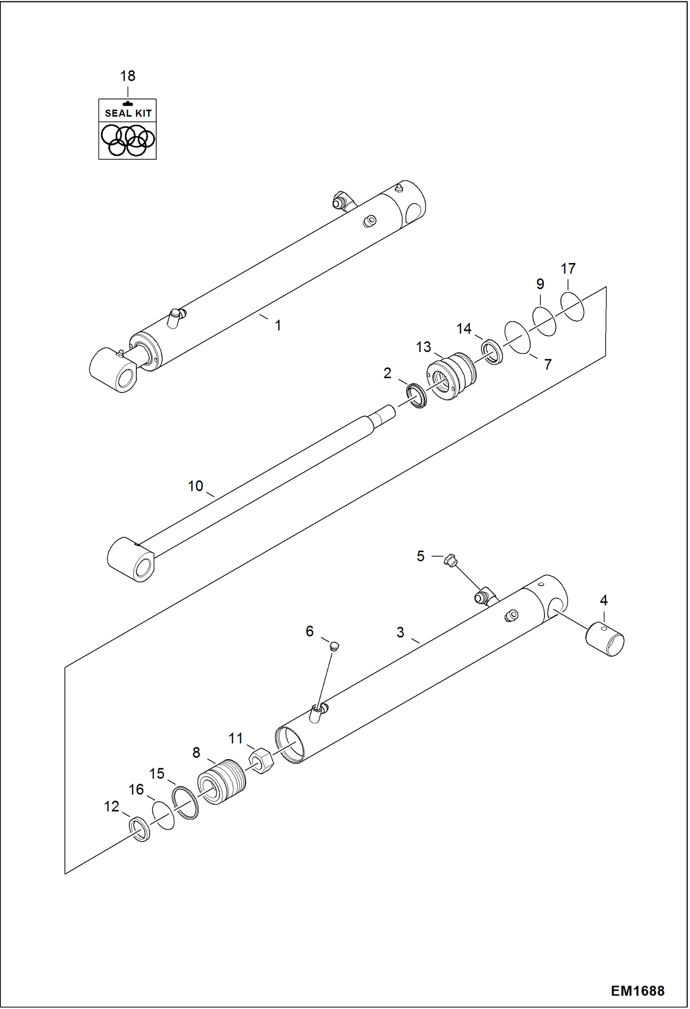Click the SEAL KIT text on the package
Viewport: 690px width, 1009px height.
pos(128,113)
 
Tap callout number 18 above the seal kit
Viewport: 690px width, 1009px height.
pos(128,76)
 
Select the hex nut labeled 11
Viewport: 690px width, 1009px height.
pos(261,761)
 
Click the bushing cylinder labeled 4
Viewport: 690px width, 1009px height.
pos(605,638)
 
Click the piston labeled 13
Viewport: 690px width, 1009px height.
pos(451,375)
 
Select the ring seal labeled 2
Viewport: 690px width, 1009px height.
pos(416,394)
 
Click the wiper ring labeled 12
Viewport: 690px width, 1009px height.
pos(139,829)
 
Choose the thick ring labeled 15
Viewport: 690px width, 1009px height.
pos(185,802)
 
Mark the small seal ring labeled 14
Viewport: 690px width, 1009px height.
pos(492,352)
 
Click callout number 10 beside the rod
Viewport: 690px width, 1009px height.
pos(195,486)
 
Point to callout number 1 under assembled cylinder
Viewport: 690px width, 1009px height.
pos(278,325)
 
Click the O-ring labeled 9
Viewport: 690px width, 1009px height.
pos(544,321)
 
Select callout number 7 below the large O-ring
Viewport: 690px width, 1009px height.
pos(547,364)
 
